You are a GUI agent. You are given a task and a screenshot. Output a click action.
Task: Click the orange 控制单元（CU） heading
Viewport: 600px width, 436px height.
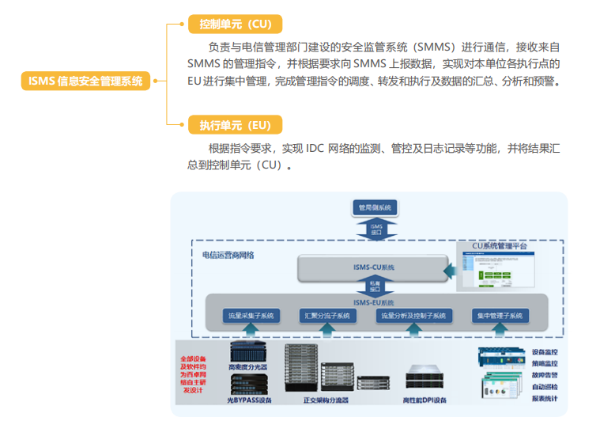click(235, 24)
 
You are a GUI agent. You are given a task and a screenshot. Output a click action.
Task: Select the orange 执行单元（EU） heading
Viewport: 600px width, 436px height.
click(235, 125)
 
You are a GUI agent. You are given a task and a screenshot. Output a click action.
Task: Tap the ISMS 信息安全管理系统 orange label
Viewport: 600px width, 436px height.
click(85, 80)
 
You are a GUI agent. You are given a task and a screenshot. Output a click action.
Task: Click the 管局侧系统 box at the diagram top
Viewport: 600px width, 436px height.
click(375, 208)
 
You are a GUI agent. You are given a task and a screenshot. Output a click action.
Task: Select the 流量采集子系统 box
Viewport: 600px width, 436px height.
click(251, 315)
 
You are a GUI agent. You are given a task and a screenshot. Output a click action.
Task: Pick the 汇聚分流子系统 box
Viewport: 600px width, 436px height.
click(327, 315)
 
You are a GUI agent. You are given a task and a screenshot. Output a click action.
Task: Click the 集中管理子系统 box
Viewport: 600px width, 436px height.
click(500, 315)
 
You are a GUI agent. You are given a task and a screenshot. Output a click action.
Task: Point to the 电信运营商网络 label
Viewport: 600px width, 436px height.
click(228, 255)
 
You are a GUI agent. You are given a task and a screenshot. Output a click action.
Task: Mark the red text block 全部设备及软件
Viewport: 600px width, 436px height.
click(196, 373)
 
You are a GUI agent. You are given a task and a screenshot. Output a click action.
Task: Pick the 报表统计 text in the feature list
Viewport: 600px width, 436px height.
click(545, 398)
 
